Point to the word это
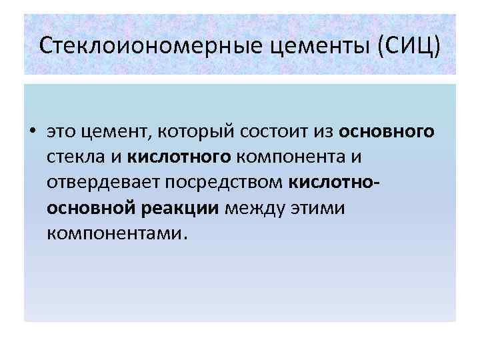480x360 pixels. [63, 131]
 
